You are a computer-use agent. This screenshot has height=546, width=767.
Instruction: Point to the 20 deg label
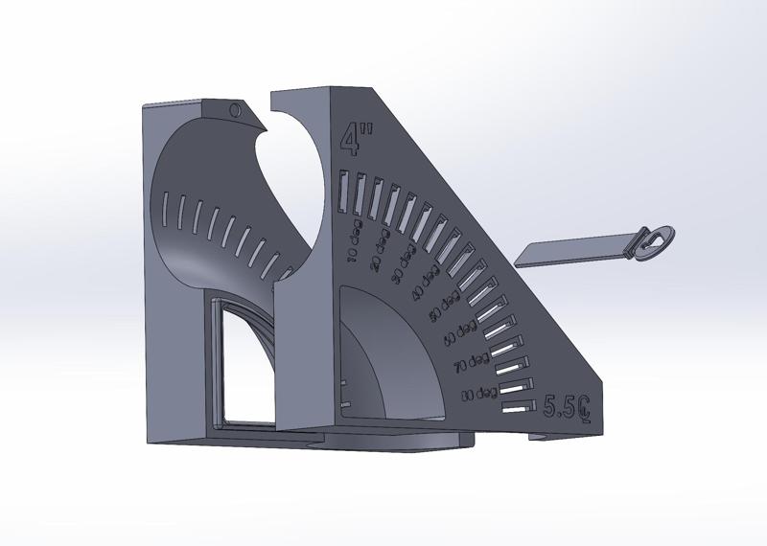point(378,255)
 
